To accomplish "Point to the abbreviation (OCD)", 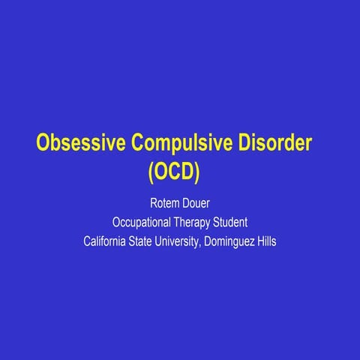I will [173, 172].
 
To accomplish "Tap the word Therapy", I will [199, 223].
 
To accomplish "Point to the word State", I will [146, 242].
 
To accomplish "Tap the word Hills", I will [267, 242].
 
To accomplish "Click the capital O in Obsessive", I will [44, 142].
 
